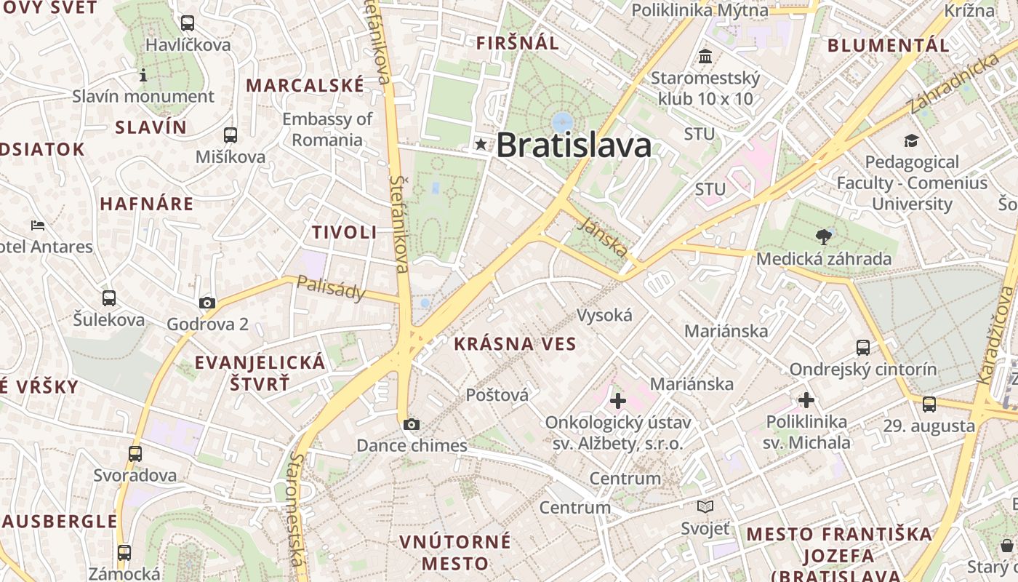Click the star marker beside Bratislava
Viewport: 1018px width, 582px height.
tap(481, 144)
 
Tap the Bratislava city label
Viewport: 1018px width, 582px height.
tap(574, 145)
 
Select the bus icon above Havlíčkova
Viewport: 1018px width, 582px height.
tap(188, 23)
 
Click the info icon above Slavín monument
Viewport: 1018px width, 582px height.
tap(143, 75)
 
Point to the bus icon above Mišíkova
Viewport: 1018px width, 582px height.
tap(231, 135)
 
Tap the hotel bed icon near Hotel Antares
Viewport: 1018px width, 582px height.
tap(38, 225)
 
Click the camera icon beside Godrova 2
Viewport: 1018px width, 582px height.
tap(207, 303)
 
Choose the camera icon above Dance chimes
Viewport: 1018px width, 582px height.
tap(412, 424)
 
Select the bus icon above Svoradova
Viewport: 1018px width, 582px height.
tap(135, 454)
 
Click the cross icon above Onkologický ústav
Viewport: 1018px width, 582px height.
tap(618, 400)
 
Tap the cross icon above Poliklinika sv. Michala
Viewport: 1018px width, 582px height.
tap(806, 399)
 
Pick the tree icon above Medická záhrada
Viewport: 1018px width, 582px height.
tap(824, 236)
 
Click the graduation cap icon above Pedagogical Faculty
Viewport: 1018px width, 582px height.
tap(912, 140)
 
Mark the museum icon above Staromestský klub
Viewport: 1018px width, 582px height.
tap(705, 56)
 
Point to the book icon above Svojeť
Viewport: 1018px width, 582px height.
tap(705, 506)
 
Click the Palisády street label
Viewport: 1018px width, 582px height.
tap(331, 288)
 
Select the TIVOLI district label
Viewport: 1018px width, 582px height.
tap(345, 233)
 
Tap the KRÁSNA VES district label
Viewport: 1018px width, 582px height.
tap(515, 344)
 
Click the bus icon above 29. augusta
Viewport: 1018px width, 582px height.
tap(929, 404)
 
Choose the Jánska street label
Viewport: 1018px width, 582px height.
tap(604, 238)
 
